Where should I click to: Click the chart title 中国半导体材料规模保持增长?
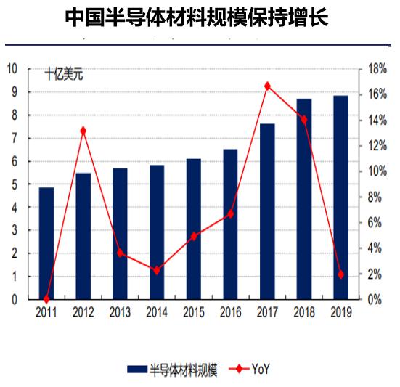click(x=197, y=17)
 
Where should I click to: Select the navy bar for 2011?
click(x=46, y=243)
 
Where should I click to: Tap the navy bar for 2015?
click(x=194, y=228)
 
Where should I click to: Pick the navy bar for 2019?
click(x=340, y=197)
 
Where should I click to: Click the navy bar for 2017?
click(x=267, y=211)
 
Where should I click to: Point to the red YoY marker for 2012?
click(x=83, y=131)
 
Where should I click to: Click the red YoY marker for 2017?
click(x=267, y=86)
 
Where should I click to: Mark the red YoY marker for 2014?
click(x=157, y=270)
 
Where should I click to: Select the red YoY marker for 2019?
click(x=340, y=274)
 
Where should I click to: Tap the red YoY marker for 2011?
click(x=46, y=298)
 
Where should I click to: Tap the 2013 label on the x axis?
click(x=120, y=312)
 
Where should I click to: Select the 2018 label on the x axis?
click(x=303, y=312)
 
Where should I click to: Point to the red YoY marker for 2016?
click(x=230, y=213)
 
